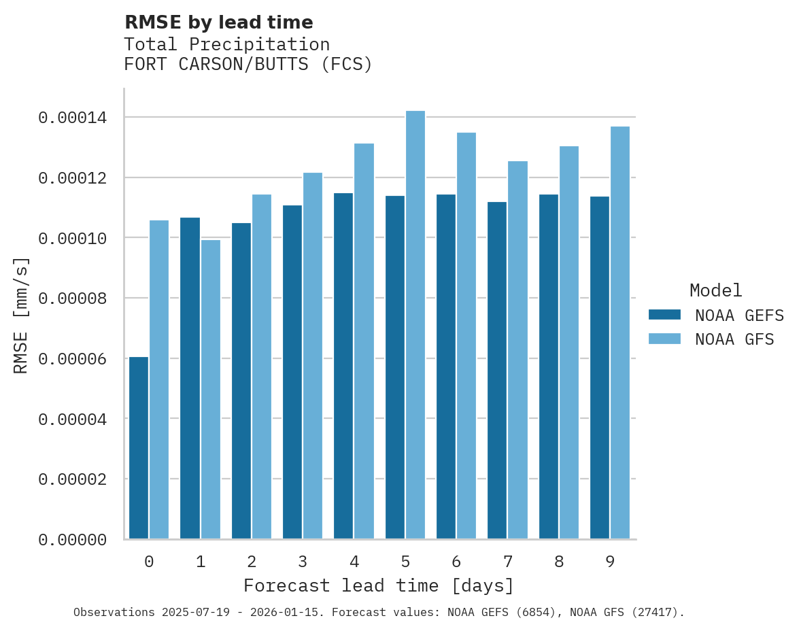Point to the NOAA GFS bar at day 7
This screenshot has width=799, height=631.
517,349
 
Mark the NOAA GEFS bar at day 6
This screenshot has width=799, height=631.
446,366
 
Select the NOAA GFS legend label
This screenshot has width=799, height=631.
734,339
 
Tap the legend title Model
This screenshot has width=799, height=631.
715,290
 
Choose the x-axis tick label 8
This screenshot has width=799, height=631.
559,562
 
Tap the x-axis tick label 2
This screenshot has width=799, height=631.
252,562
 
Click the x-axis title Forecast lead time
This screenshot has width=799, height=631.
379,585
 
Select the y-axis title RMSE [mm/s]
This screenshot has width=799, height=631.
21,315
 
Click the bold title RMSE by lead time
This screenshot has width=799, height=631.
219,22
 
